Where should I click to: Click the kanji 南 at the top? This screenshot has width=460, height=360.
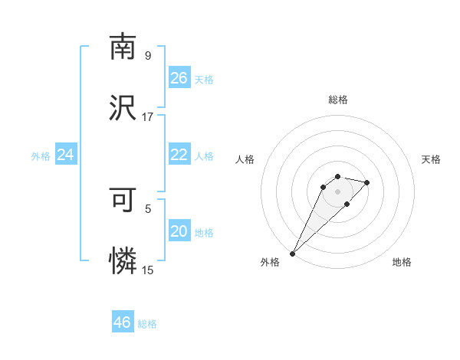tap(123, 47)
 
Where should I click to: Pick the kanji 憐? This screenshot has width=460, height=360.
tap(123, 260)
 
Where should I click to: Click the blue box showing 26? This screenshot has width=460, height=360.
tap(179, 77)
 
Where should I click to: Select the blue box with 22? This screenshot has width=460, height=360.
tap(179, 155)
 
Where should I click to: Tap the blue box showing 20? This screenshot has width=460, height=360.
tap(179, 231)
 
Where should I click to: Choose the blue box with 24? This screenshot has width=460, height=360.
tap(66, 155)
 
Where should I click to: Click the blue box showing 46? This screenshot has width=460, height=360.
tap(123, 322)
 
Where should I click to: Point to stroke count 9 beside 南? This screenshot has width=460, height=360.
tap(148, 56)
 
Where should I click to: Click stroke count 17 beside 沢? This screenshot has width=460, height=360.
tap(148, 117)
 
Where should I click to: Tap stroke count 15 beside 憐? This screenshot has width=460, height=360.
tap(148, 270)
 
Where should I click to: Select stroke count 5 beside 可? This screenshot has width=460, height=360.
tap(148, 208)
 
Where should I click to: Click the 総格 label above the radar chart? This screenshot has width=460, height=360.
tap(338, 100)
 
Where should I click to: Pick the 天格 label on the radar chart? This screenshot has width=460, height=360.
tap(432, 159)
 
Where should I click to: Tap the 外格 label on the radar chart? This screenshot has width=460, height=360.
tap(270, 263)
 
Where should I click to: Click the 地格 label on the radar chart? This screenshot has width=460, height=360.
tap(402, 263)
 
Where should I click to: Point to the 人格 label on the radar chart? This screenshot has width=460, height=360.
tap(245, 159)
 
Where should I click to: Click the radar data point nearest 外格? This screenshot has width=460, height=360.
tap(293, 253)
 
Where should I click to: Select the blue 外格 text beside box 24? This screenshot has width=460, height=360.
tap(41, 155)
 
